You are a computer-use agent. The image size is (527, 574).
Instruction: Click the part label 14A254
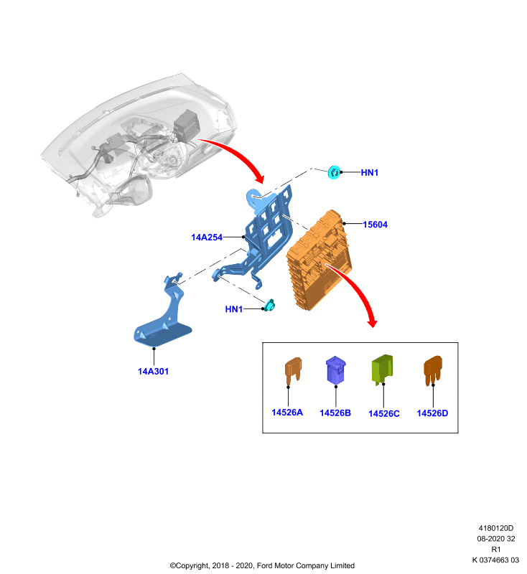pos(207,237)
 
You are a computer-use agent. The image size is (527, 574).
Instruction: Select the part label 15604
pos(375,225)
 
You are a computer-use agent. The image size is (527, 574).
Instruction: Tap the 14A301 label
pos(153,371)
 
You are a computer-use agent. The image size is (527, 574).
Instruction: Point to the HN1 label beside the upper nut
pos(370,172)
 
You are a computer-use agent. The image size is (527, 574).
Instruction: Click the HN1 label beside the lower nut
pos(233,309)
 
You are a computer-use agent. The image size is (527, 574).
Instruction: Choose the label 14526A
pos(287,412)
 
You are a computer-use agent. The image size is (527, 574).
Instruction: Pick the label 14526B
pos(335,413)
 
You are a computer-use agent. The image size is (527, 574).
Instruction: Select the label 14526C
pos(384,413)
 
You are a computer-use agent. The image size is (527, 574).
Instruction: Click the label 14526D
pos(432,413)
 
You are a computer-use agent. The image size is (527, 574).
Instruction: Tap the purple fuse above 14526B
pos(335,370)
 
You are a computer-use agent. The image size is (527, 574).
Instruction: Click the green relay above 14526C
pos(383,369)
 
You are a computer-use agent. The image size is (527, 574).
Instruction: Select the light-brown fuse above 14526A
pos(293,370)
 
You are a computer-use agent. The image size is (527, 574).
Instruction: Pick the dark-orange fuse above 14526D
pos(433,370)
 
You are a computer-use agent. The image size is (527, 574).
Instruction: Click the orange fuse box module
pos(319,260)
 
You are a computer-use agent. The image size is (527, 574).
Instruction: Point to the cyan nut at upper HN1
pos(334,172)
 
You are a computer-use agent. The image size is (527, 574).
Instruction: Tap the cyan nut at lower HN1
pos(269,306)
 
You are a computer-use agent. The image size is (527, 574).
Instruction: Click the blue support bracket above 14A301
pos(164,315)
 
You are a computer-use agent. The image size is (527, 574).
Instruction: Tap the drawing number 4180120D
pos(496,528)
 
